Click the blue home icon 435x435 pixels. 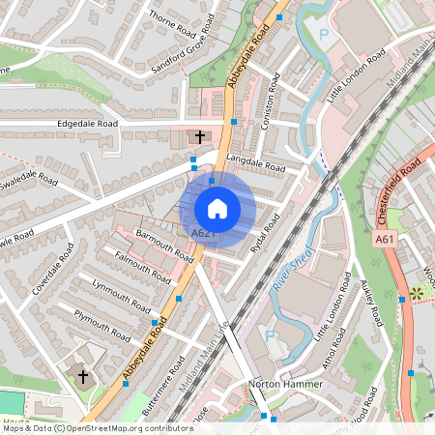tap(217, 209)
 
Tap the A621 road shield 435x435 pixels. tap(203, 234)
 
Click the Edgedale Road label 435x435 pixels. tap(88, 124)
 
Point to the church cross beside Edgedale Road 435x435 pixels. tap(201, 137)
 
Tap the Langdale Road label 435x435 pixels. tap(256, 161)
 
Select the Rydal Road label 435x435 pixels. tap(263, 235)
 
